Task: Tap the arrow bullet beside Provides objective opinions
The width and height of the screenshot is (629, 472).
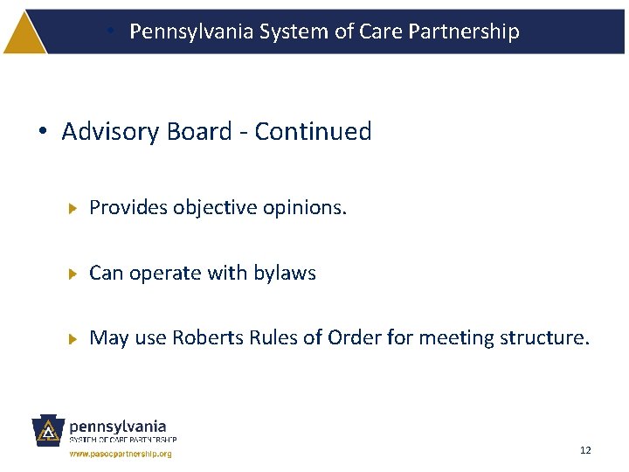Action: coord(74,209)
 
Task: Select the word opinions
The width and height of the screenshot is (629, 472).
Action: coord(305,208)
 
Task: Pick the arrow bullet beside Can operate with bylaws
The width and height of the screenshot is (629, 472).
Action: coord(74,274)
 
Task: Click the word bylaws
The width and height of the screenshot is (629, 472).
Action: coord(285,273)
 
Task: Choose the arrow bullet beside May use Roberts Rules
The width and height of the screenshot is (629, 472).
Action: coord(74,338)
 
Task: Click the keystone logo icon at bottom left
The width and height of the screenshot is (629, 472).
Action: coord(49,432)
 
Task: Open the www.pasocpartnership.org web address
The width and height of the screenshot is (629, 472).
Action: coord(121,455)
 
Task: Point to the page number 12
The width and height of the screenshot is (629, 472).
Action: coord(585,450)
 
